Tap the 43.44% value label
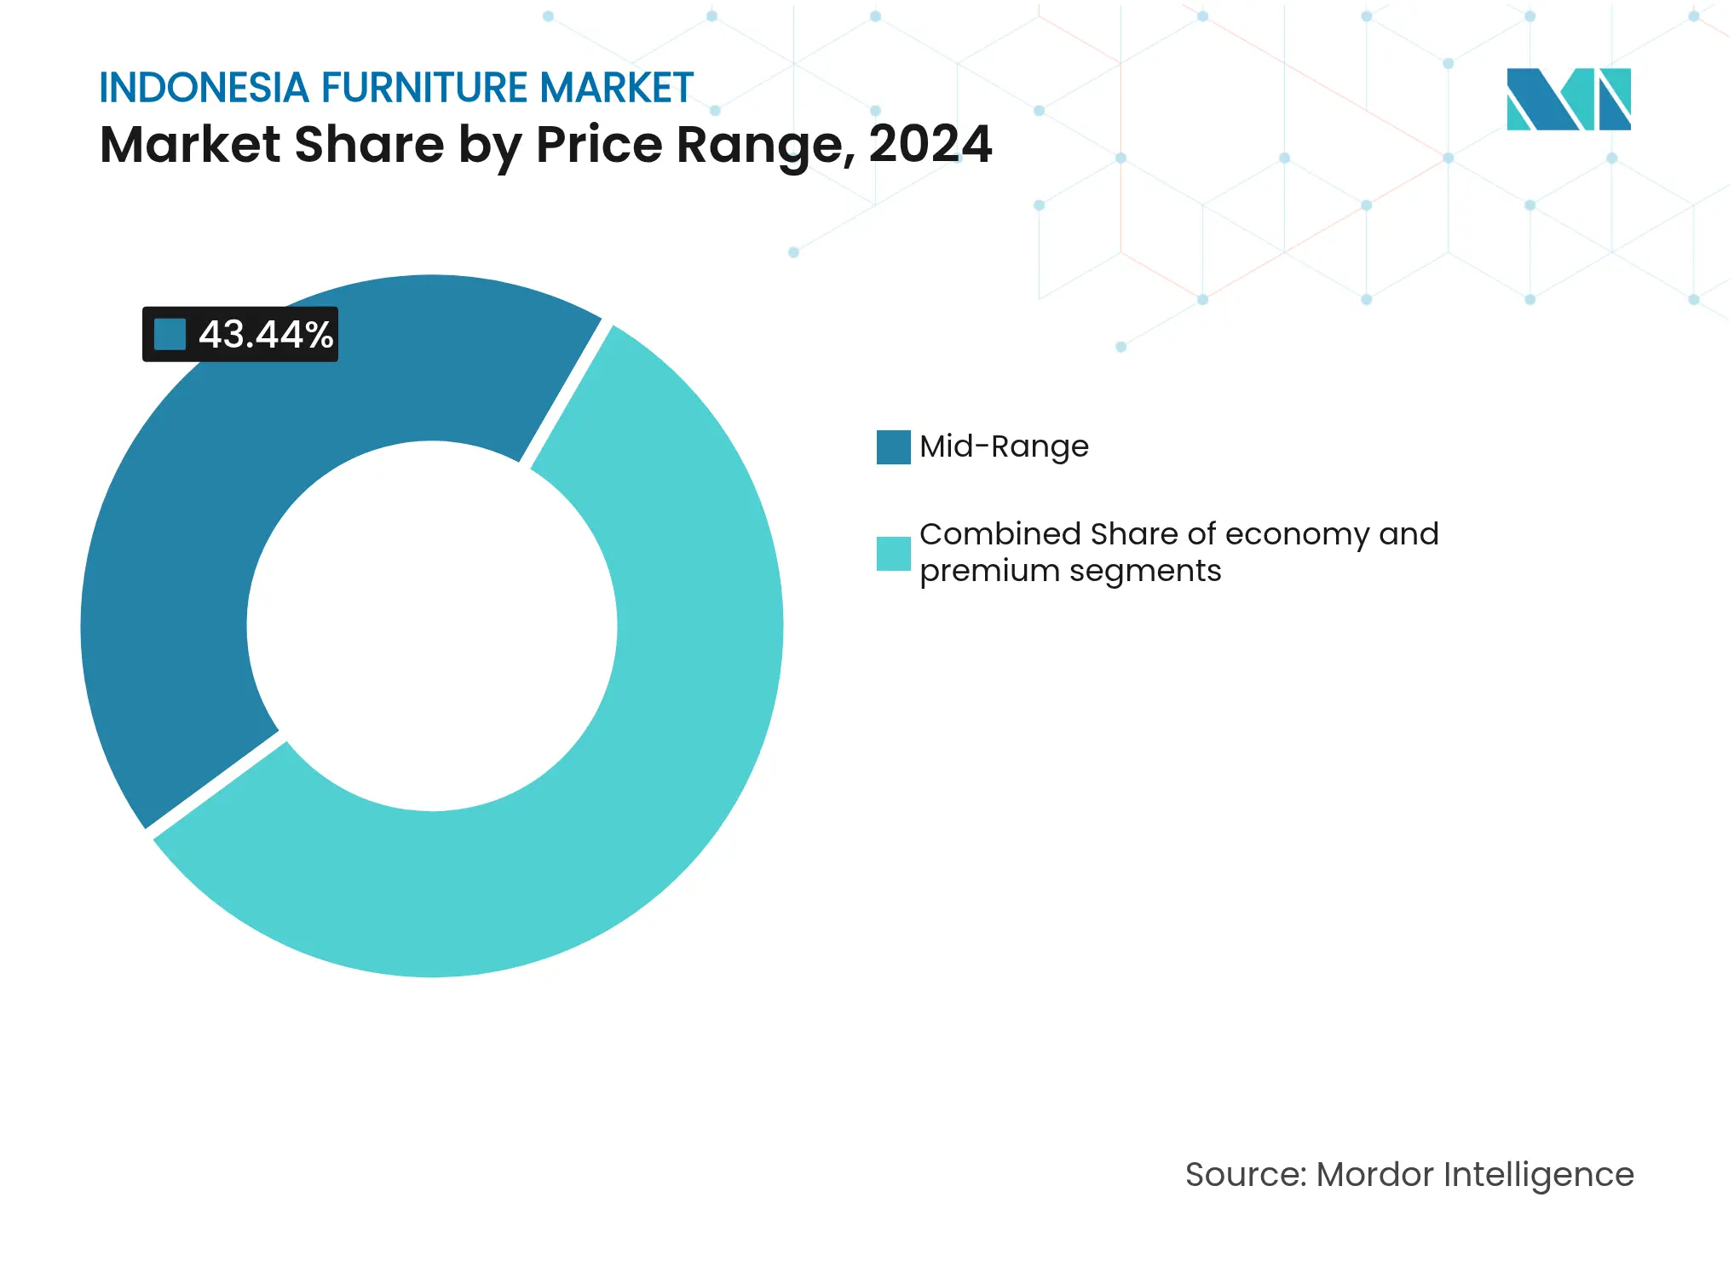(x=266, y=335)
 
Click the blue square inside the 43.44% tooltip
(x=170, y=334)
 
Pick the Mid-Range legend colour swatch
(x=893, y=447)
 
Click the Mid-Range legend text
(x=1004, y=447)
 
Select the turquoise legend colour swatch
(x=893, y=553)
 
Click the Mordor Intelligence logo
(x=1568, y=99)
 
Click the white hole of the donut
(x=432, y=626)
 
